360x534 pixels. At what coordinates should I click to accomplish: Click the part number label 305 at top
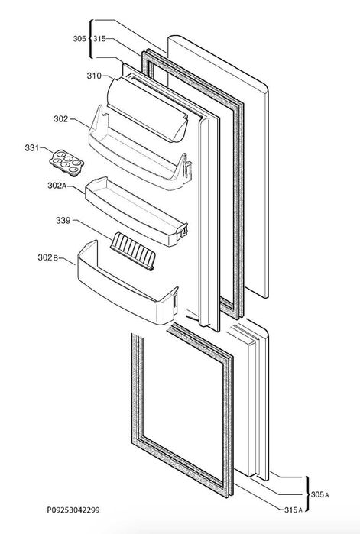click(79, 39)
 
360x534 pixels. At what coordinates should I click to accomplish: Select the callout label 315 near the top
click(99, 39)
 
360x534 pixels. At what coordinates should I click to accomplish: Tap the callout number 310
click(94, 76)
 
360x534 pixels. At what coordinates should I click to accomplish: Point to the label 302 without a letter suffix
click(60, 119)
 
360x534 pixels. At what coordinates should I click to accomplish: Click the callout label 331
click(31, 147)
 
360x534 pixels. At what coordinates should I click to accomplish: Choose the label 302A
click(57, 186)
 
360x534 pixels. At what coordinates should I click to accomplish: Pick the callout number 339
click(63, 221)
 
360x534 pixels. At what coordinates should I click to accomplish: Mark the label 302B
click(47, 257)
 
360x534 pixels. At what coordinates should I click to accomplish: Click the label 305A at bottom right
click(319, 494)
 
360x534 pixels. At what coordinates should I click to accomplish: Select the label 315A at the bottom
click(294, 510)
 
